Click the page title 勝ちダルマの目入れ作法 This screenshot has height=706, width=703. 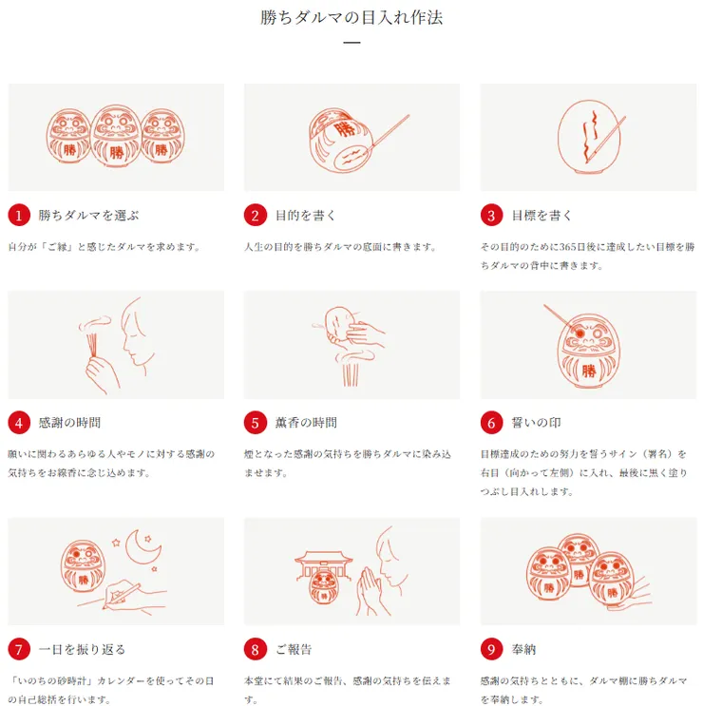(x=351, y=17)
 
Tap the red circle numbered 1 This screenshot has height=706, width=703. (x=19, y=216)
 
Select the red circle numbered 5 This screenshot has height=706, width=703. (x=255, y=423)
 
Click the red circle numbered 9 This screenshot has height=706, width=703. (x=491, y=650)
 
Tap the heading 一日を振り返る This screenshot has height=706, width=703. (x=82, y=650)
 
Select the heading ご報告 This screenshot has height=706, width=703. (x=294, y=650)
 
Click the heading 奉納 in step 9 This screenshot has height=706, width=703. (x=523, y=650)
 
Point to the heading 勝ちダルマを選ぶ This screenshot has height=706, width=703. (x=89, y=216)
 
